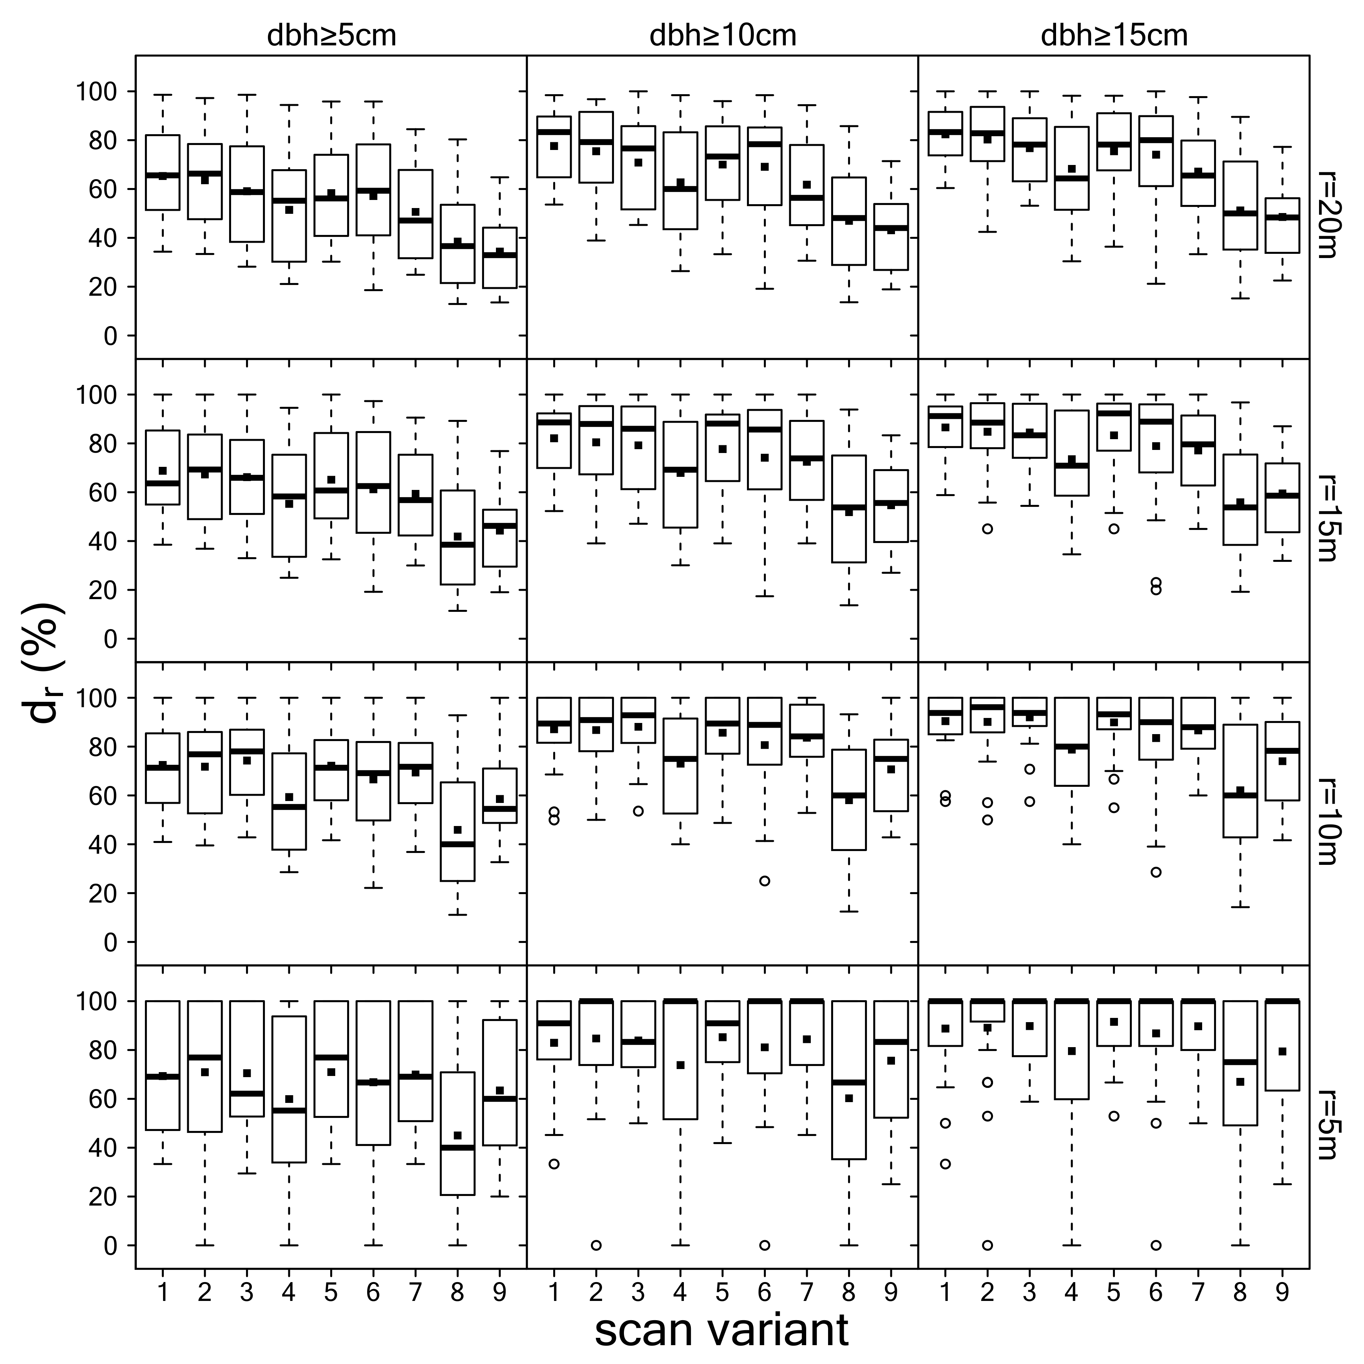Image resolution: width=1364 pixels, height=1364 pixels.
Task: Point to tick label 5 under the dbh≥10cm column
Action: coord(722,1292)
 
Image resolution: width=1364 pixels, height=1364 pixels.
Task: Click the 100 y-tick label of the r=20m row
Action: coord(100,92)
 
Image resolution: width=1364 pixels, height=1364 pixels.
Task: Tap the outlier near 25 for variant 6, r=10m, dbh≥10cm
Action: coord(764,881)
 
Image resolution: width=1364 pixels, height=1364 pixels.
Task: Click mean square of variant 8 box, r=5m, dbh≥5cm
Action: coord(457,1135)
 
